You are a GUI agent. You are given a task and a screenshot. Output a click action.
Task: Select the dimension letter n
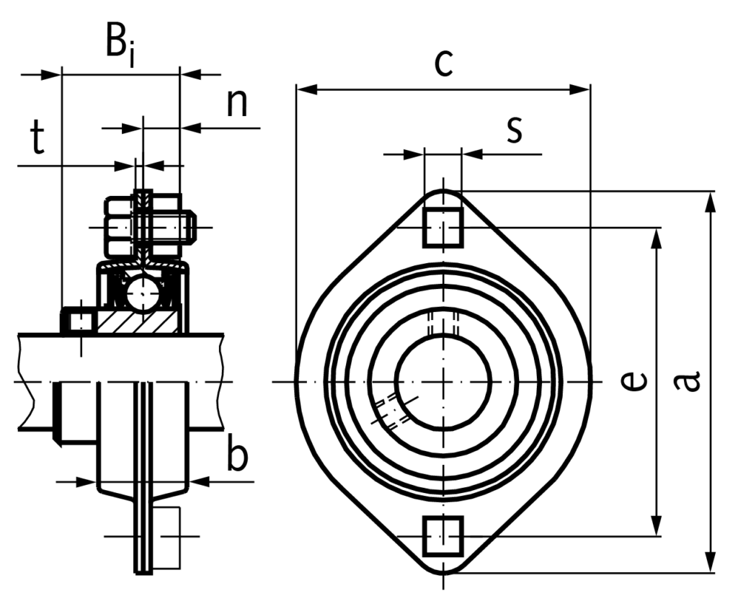(237, 104)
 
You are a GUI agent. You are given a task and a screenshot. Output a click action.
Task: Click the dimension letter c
(443, 63)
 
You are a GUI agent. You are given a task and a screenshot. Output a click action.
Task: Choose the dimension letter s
(514, 129)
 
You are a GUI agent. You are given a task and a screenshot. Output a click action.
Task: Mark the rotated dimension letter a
(688, 380)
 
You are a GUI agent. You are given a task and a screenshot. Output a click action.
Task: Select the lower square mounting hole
(443, 535)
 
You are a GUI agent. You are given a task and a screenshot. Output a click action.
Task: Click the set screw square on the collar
(79, 321)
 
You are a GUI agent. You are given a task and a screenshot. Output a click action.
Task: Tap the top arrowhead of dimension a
(711, 202)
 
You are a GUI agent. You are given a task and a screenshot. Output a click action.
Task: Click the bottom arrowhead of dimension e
(657, 527)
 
